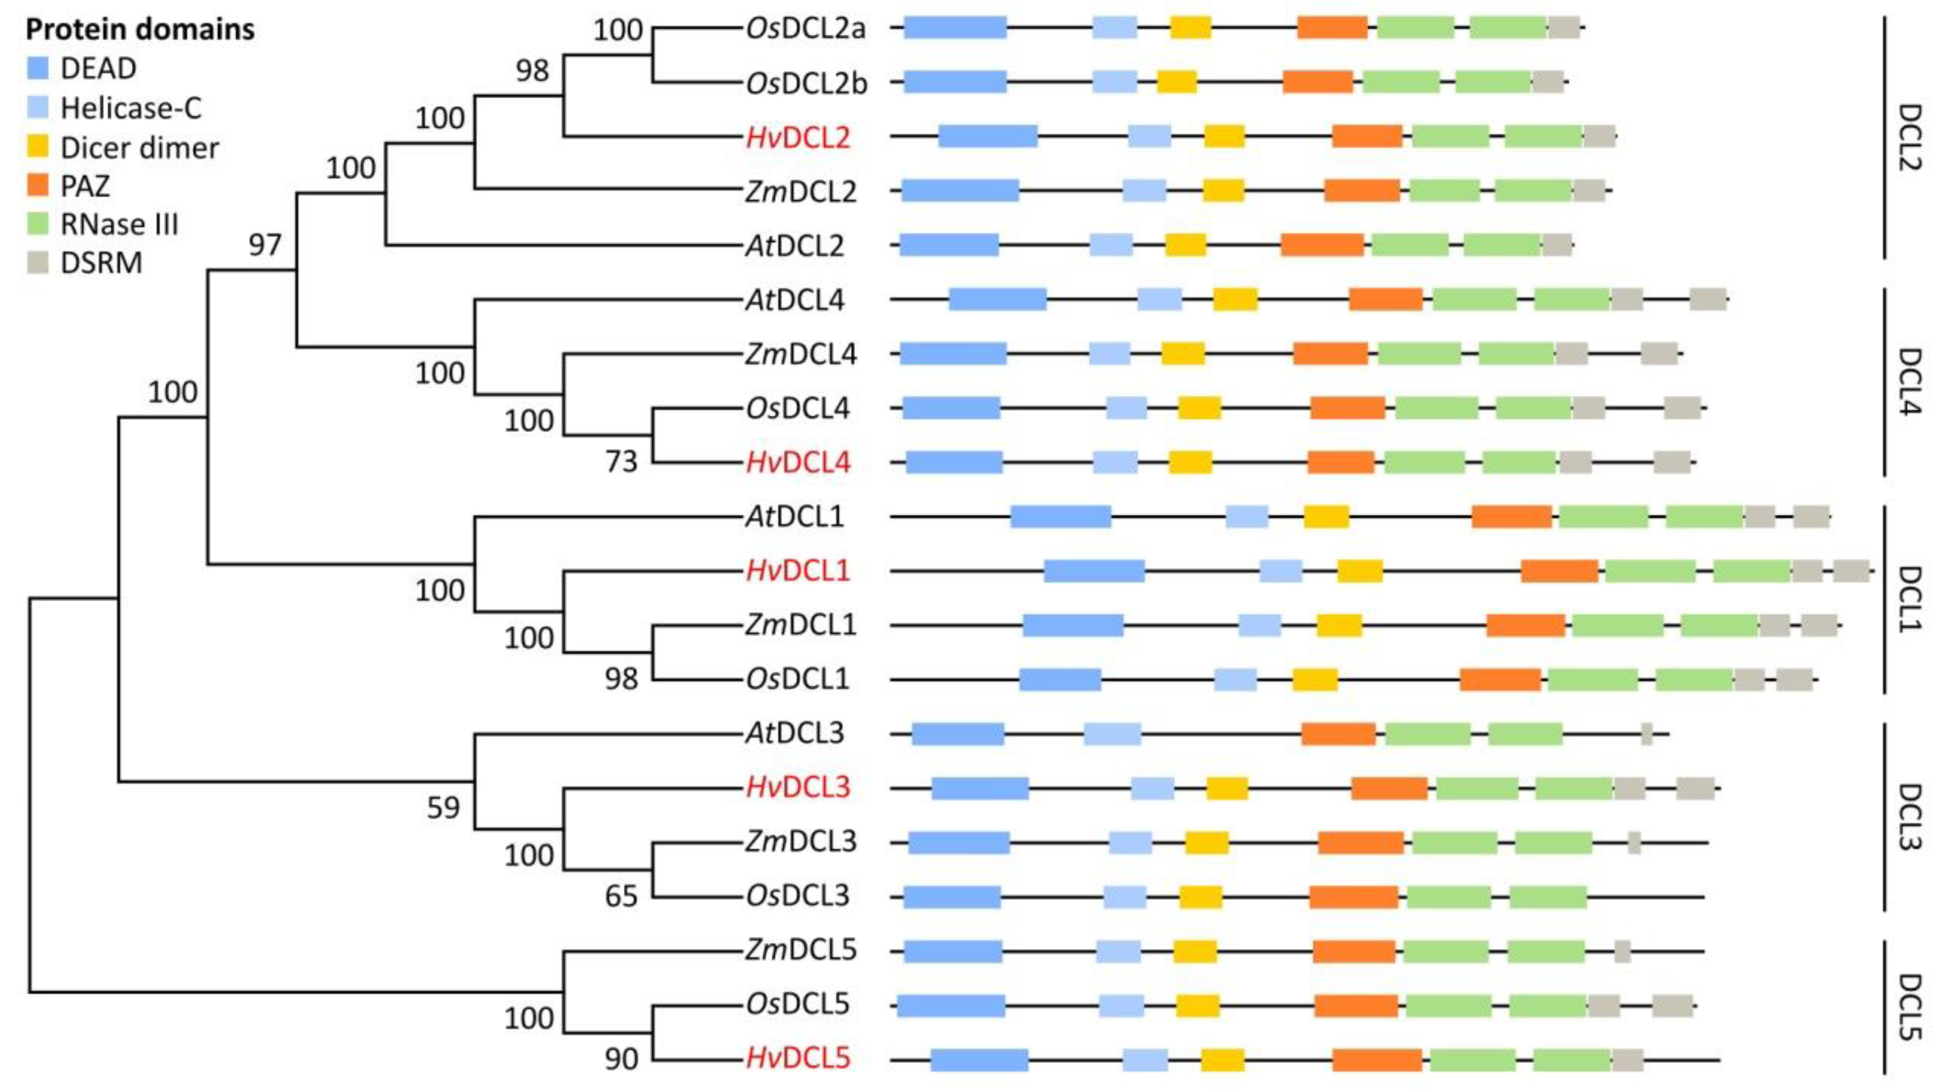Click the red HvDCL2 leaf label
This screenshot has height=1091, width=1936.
798,137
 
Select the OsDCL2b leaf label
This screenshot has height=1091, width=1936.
805,83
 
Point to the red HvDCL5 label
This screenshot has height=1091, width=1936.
798,1058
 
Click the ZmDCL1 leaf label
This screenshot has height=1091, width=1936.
800,625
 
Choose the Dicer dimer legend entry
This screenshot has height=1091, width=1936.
139,148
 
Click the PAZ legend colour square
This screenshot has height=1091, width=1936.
37,185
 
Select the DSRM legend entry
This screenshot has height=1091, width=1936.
101,263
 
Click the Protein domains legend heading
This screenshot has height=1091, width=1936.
140,29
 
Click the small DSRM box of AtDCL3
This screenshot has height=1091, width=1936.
1646,734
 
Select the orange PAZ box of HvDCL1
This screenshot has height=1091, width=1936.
1559,571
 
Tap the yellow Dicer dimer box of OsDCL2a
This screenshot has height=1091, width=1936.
1190,28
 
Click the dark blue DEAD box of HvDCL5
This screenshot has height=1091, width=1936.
979,1059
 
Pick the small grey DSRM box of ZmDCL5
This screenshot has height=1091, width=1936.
1622,951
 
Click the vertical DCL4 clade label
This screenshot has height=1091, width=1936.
1909,381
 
